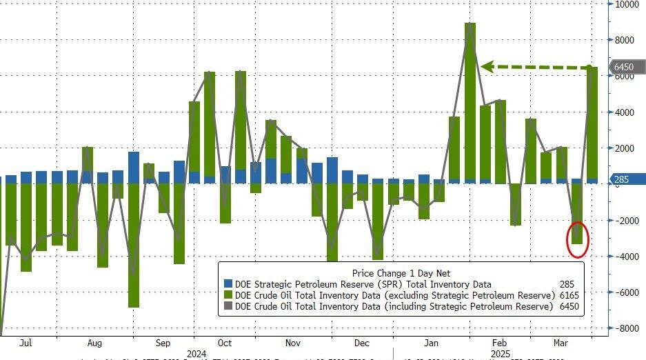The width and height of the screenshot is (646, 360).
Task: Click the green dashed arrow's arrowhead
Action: click(487, 67)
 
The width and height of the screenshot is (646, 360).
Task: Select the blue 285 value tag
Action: click(623, 180)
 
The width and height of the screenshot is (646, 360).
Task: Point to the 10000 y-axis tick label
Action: click(628, 4)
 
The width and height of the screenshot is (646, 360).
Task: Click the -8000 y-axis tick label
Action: click(627, 328)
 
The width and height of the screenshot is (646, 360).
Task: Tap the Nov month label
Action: click(292, 342)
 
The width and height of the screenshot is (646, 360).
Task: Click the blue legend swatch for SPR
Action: click(228, 284)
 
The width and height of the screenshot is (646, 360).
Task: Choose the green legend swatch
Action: click(228, 294)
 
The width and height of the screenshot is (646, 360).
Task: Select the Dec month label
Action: click(363, 342)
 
